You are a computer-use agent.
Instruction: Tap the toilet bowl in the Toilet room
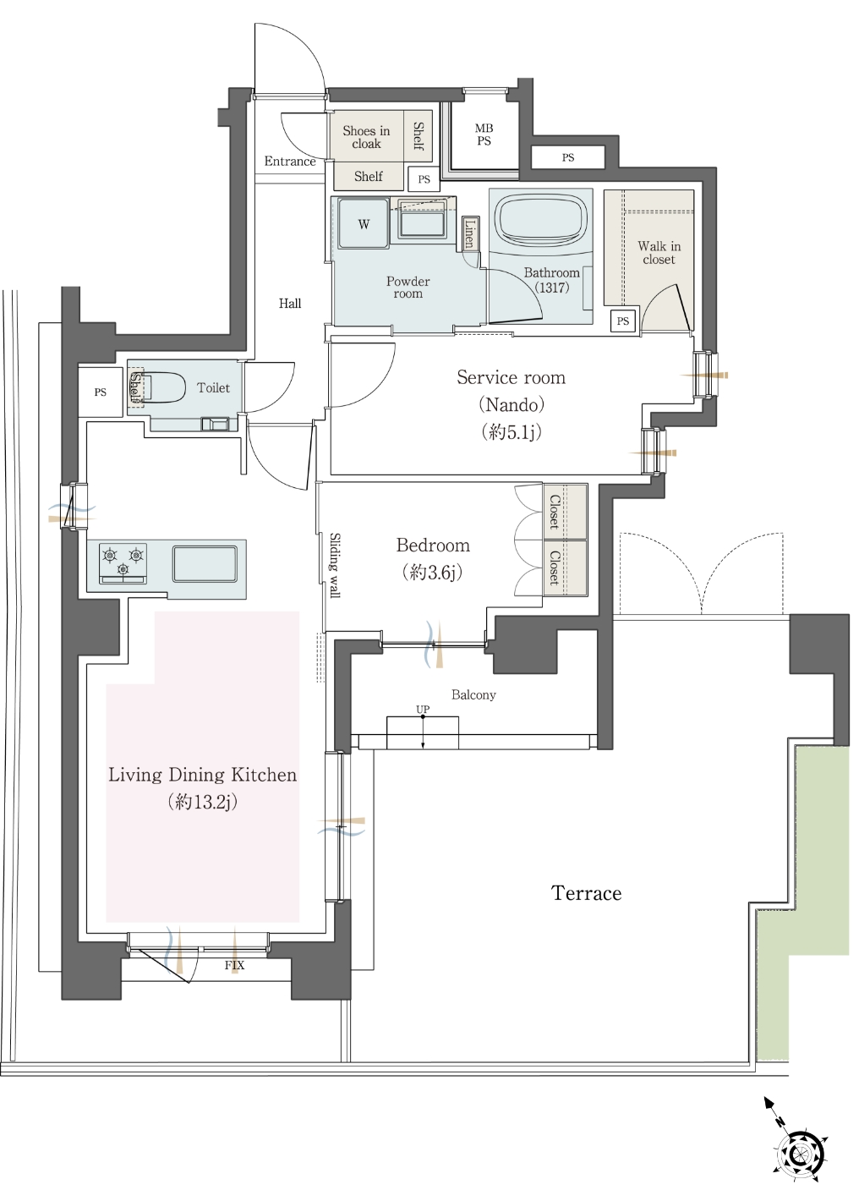tap(163, 387)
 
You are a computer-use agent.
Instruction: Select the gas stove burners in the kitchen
tap(123, 562)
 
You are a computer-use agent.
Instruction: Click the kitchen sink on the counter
tap(205, 563)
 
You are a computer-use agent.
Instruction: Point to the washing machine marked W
tap(363, 223)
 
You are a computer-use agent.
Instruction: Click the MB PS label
tap(484, 134)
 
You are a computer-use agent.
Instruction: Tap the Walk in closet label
tap(659, 253)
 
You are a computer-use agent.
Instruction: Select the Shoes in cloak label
tap(367, 137)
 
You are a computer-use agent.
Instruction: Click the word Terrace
tap(586, 893)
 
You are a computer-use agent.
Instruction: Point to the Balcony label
tap(473, 695)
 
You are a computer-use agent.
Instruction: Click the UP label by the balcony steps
tap(423, 710)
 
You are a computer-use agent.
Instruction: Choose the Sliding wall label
tap(334, 565)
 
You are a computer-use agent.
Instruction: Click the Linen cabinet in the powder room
tap(470, 233)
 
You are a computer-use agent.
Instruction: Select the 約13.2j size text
tap(203, 802)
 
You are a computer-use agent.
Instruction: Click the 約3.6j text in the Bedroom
tap(433, 573)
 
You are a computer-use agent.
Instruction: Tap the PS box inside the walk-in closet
tap(622, 321)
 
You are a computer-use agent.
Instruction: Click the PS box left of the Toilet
tap(101, 392)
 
